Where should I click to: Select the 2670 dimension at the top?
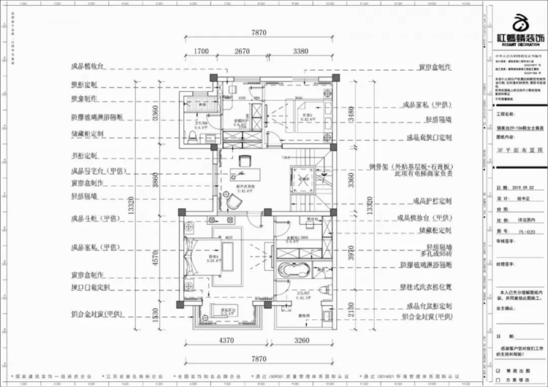pos(243,52)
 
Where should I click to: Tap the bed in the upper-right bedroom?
pos(308,115)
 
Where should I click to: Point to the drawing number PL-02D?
pos(517,231)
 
